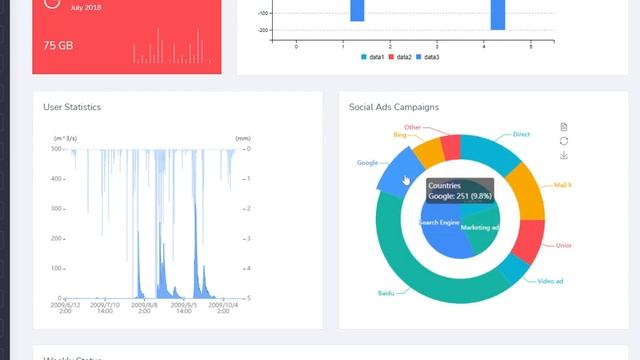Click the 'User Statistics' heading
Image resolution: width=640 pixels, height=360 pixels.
(x=72, y=107)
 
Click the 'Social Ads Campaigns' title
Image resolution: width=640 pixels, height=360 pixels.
(x=394, y=107)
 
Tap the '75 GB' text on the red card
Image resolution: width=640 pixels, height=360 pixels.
(x=58, y=46)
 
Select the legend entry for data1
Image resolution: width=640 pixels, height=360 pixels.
(x=373, y=57)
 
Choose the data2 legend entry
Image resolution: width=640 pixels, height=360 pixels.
(x=400, y=57)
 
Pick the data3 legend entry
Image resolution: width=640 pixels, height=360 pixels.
(x=427, y=57)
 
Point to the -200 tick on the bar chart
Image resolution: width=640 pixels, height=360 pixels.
(x=263, y=30)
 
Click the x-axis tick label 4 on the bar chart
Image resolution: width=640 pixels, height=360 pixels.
(x=483, y=47)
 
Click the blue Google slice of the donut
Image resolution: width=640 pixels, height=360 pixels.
(x=396, y=167)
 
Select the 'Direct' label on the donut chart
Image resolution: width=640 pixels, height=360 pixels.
(x=521, y=134)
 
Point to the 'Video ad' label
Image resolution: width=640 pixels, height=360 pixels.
(x=550, y=281)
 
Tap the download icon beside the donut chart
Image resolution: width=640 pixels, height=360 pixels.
(x=564, y=155)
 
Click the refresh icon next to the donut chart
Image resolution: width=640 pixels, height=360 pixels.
(x=564, y=141)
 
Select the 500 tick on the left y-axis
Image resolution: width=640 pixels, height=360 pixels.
(x=57, y=149)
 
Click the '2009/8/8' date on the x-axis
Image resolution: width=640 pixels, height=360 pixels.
(x=144, y=305)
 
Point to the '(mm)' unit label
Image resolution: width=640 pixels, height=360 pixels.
(x=242, y=137)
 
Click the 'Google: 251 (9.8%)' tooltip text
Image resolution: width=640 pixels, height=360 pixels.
(x=461, y=196)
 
